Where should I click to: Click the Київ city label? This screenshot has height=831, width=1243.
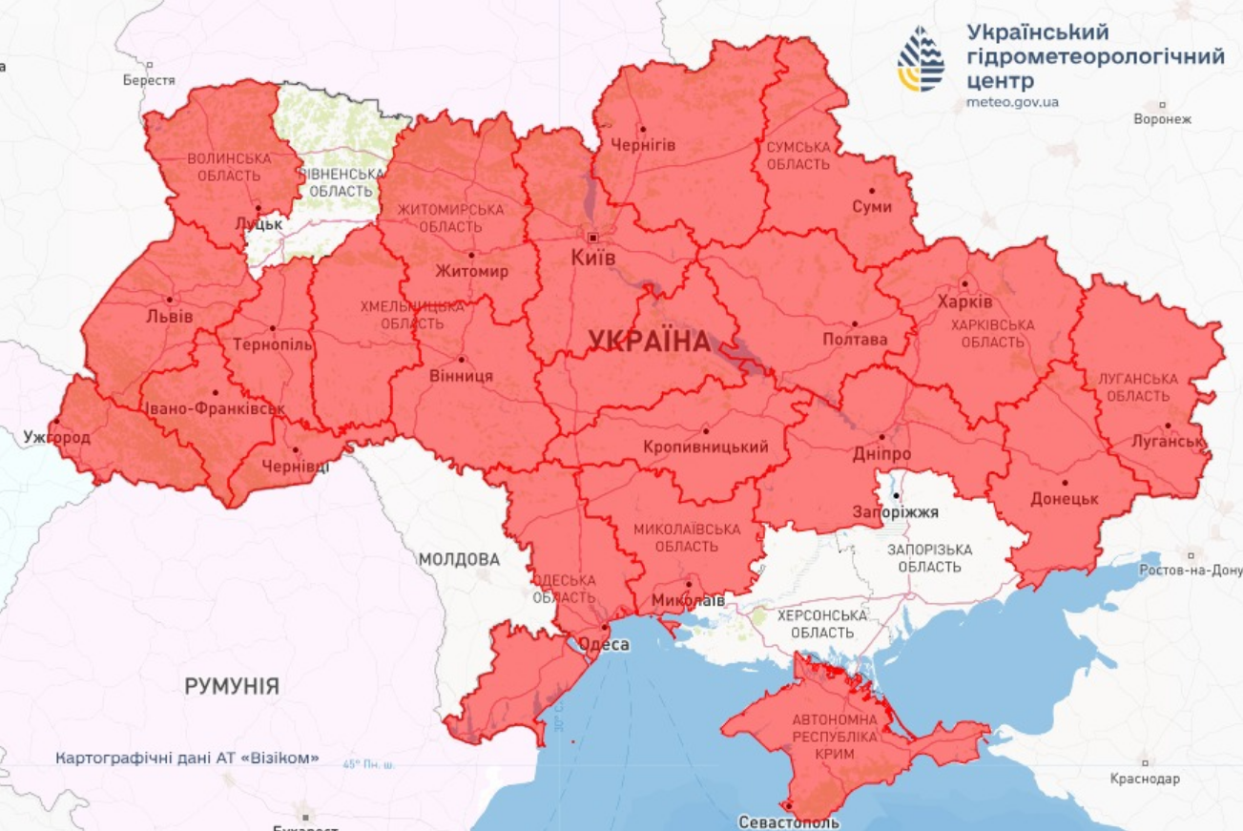[592, 258]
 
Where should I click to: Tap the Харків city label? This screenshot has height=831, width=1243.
[964, 301]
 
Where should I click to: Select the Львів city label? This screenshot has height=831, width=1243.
[171, 316]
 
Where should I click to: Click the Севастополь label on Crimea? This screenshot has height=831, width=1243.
[789, 821]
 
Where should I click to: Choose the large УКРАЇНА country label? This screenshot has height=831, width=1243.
[649, 341]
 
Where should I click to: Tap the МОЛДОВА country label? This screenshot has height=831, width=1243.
[459, 559]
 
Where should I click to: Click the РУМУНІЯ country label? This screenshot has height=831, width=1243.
[232, 686]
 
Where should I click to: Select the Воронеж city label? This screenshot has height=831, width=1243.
[1162, 119]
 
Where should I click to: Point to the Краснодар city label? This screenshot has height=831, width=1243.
[1144, 779]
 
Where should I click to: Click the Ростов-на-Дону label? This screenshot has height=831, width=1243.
[1191, 570]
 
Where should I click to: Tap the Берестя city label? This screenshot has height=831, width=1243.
[149, 81]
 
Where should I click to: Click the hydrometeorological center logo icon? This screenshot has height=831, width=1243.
[921, 59]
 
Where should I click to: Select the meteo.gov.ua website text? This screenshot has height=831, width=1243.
[1012, 102]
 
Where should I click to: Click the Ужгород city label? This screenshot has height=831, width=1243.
[57, 438]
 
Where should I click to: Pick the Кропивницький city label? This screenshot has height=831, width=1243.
[706, 447]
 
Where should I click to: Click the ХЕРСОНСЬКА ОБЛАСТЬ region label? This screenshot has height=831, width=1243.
[821, 624]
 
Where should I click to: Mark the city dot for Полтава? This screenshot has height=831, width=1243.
[855, 323]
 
